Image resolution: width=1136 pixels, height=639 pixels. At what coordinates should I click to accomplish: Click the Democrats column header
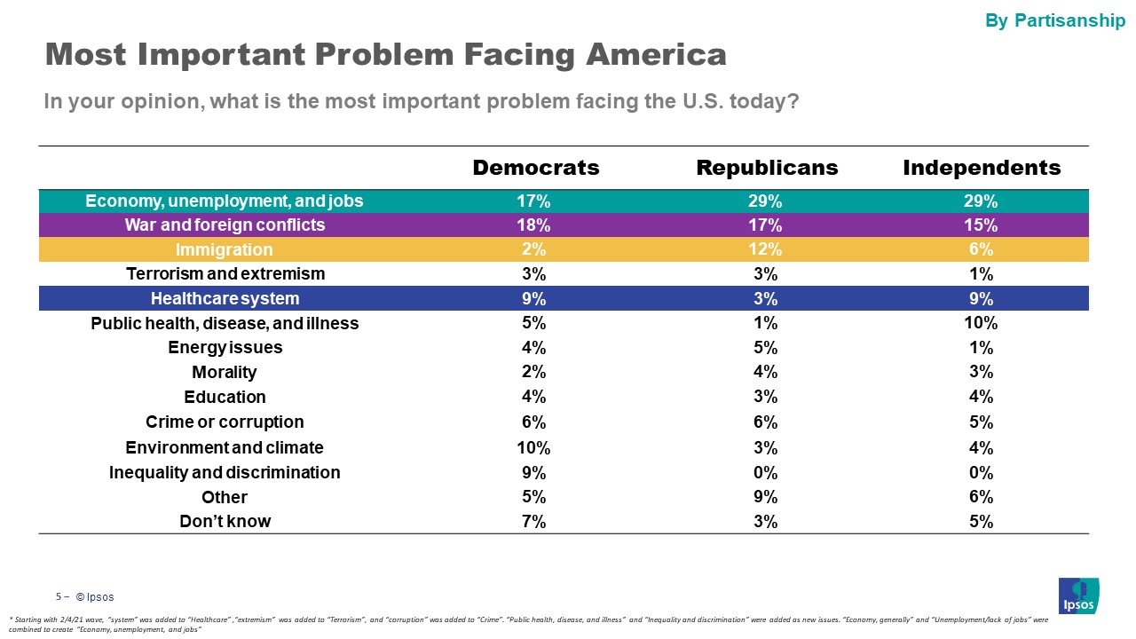536,168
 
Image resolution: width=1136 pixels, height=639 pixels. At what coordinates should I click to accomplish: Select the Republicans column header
767,168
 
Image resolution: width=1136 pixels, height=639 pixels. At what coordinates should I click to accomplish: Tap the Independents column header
982,168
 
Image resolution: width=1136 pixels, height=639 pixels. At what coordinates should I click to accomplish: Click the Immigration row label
225,249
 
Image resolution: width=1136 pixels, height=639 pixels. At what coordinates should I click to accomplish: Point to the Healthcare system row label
225,298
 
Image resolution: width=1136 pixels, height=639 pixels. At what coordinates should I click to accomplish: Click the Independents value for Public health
982,323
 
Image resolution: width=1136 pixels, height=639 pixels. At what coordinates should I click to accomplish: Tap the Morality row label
225,372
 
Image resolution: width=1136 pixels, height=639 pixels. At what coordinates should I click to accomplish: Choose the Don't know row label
225,521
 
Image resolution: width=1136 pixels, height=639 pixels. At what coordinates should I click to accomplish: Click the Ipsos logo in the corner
1078,596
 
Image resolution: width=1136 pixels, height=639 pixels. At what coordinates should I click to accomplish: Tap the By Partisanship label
1055,20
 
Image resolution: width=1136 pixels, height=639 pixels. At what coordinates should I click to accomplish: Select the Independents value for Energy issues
982,347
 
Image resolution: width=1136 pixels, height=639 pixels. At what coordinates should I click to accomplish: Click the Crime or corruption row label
225,422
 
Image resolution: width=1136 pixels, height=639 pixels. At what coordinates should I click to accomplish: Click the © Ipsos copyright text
94,597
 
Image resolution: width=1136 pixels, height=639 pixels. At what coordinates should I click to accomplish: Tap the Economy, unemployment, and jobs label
225,201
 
